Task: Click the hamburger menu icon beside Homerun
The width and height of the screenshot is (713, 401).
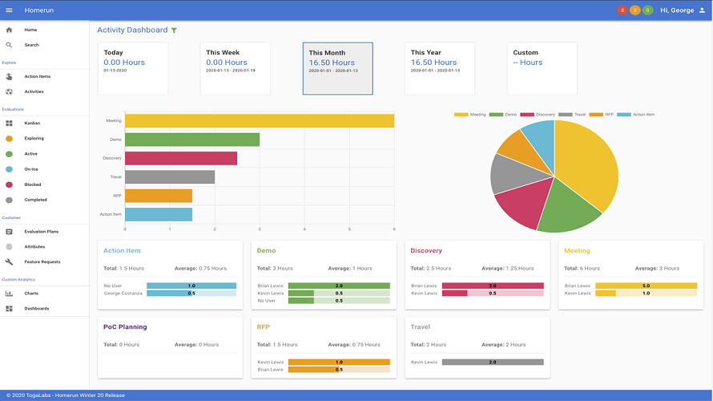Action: click(x=10, y=10)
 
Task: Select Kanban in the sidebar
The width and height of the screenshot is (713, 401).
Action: click(x=32, y=123)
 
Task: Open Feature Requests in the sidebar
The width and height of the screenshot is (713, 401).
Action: click(x=42, y=261)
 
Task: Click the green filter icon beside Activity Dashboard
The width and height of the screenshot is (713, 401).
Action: click(x=174, y=30)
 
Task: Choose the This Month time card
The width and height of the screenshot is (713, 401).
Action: click(x=337, y=68)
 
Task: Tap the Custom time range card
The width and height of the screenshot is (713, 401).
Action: click(x=542, y=68)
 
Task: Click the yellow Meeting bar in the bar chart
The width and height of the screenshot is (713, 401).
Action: click(x=259, y=120)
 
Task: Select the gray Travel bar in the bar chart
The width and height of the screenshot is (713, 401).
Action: click(x=169, y=176)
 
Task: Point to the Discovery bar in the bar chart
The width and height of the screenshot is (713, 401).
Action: click(x=180, y=158)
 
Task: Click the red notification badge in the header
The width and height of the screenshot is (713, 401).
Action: click(x=622, y=10)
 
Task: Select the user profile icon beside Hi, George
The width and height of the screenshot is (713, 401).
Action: click(x=702, y=10)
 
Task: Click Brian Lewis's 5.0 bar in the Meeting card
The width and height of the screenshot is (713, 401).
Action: click(x=646, y=286)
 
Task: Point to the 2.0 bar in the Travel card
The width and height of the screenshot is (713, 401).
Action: click(x=492, y=362)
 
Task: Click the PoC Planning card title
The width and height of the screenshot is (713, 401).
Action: click(x=125, y=327)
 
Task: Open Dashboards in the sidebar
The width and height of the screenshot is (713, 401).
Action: click(x=37, y=308)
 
